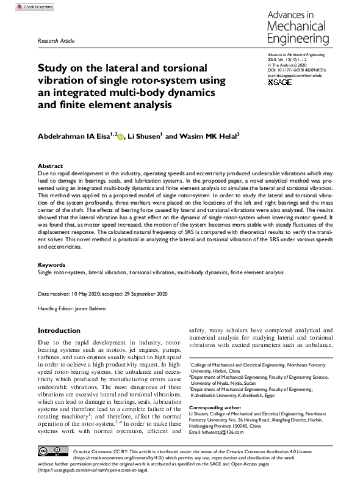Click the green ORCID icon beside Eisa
coord(120,137)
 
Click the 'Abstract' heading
coord(51,166)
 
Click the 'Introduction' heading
coord(59,330)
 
